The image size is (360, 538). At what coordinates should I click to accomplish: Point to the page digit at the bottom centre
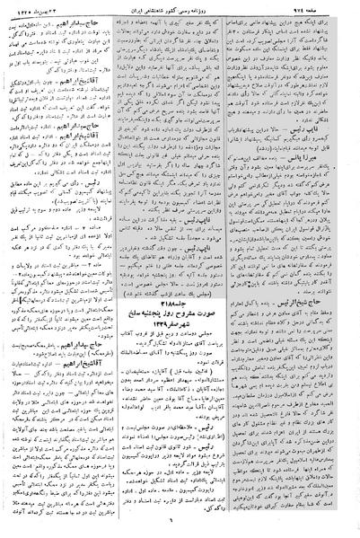(x=180, y=529)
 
